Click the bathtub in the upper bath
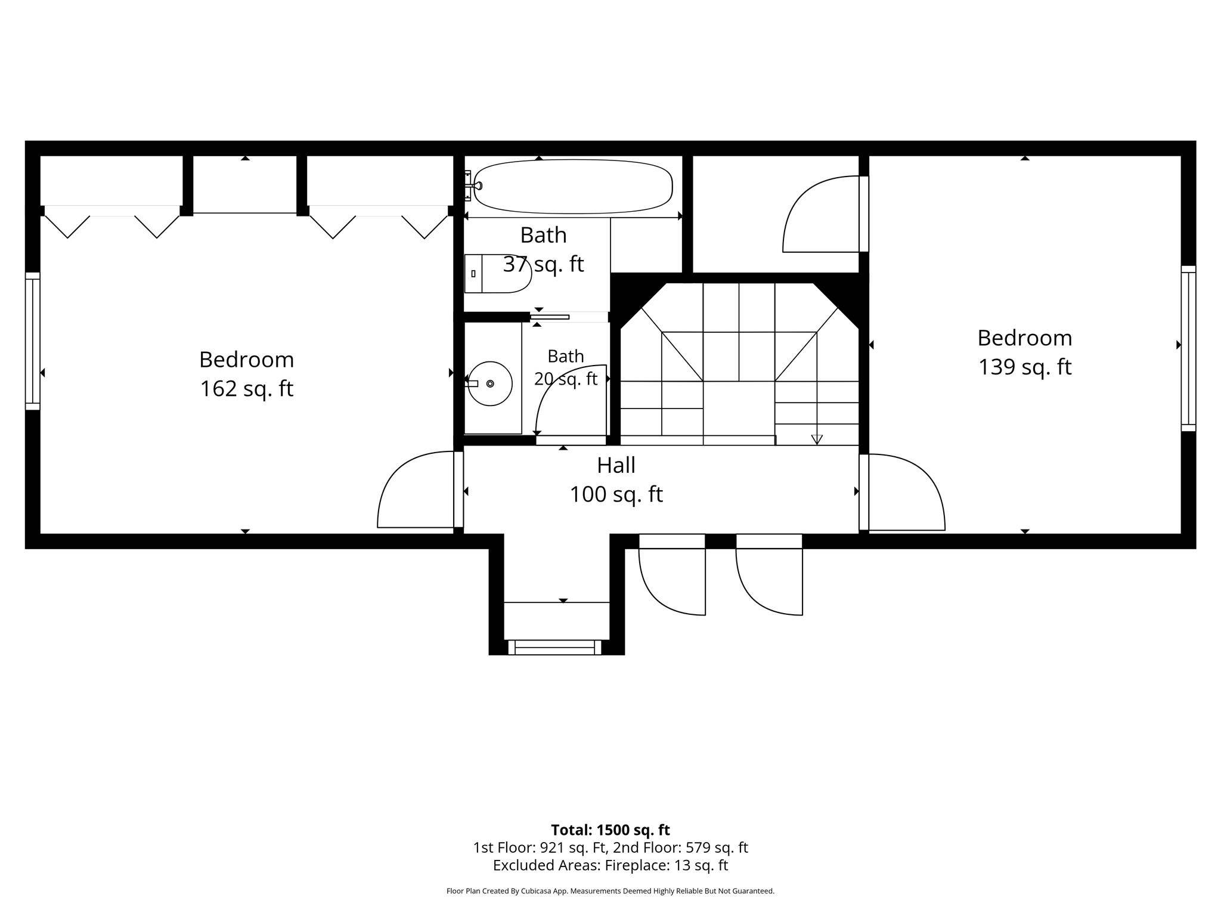(x=573, y=186)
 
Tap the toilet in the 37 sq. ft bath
(x=497, y=273)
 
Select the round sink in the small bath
(x=490, y=383)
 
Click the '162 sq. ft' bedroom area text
(x=247, y=389)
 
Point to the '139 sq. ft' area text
(x=1025, y=367)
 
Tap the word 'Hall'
(x=616, y=465)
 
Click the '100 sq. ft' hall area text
(x=616, y=494)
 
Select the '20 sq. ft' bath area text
(x=566, y=379)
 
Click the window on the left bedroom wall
(x=33, y=341)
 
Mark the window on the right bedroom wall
(x=1188, y=348)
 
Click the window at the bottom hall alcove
(x=554, y=647)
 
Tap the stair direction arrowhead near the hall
(x=817, y=440)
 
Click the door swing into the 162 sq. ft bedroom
(x=416, y=490)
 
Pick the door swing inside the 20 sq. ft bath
(x=571, y=400)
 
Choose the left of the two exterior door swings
(x=672, y=575)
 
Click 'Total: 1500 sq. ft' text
(x=610, y=830)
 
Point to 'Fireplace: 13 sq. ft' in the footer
(x=667, y=865)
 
